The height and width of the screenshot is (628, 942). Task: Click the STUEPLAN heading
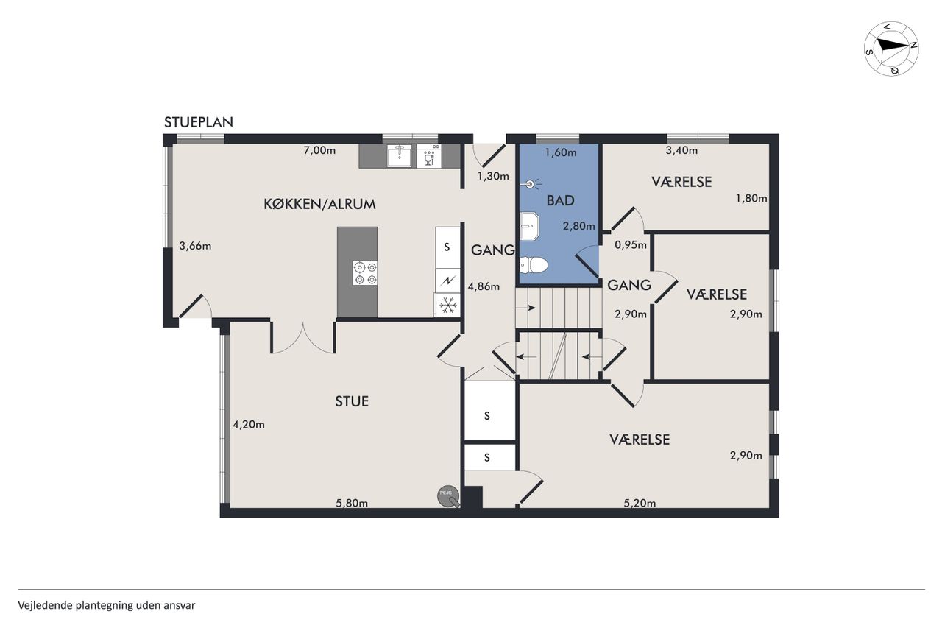(x=199, y=122)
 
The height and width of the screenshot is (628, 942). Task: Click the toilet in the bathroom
(x=534, y=265)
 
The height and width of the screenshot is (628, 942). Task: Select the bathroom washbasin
(x=529, y=226)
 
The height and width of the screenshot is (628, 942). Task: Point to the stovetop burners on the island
(x=365, y=273)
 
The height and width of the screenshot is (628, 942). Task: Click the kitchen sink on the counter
(x=400, y=156)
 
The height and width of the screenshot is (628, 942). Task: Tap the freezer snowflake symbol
(x=447, y=305)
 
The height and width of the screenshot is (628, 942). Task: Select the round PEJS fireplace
(x=448, y=497)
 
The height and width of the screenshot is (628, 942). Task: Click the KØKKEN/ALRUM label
(x=319, y=205)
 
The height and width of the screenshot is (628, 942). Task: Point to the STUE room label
(x=352, y=401)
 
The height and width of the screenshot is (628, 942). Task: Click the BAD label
(x=560, y=201)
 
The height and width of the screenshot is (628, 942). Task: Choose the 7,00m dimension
(x=319, y=150)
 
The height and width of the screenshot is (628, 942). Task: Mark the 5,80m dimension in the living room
(x=352, y=503)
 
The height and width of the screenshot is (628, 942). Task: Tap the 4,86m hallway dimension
(x=484, y=286)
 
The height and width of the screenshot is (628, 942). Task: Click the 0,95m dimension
(x=631, y=245)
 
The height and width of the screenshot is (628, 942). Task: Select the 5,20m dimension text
(x=640, y=503)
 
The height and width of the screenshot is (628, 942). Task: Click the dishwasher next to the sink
(x=429, y=156)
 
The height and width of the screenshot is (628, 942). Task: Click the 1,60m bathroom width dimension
(x=561, y=152)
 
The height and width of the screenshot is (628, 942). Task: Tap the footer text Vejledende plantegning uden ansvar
(x=107, y=605)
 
